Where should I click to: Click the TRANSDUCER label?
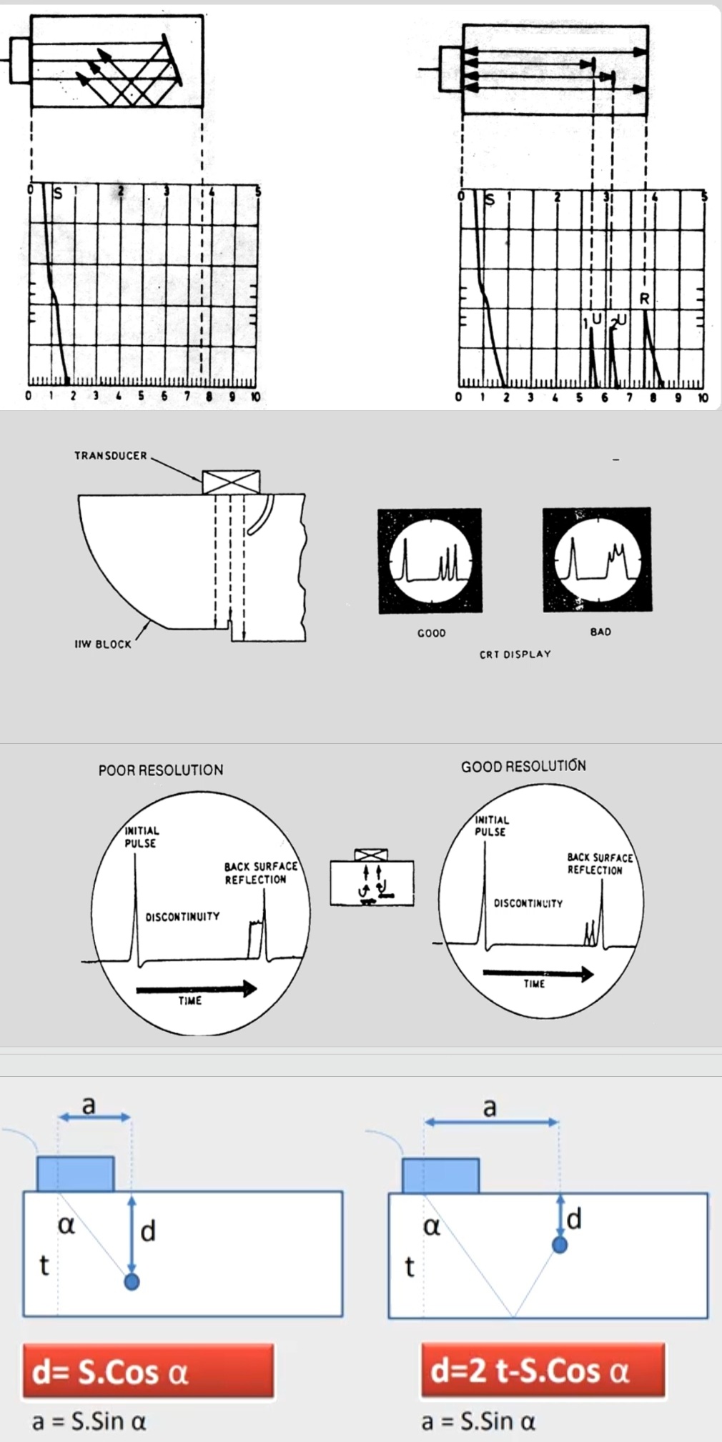click(110, 455)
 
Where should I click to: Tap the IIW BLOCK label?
click(103, 644)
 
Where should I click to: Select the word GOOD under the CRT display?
click(431, 633)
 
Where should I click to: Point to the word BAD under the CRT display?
click(600, 632)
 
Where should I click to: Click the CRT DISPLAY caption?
click(515, 654)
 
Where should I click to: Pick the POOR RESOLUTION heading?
click(161, 770)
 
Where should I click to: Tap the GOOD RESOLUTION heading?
click(523, 766)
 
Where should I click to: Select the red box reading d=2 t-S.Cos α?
click(543, 1371)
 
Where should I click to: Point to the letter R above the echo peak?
click(644, 299)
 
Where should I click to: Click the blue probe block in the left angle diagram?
click(75, 1173)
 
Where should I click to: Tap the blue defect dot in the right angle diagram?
click(560, 1245)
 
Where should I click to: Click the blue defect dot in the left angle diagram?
click(132, 1281)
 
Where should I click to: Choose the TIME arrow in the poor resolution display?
click(196, 989)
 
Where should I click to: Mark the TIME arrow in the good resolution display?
click(538, 973)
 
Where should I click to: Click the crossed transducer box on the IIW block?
click(231, 482)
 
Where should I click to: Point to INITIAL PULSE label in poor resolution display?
click(142, 837)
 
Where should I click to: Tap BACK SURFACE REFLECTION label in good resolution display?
click(600, 863)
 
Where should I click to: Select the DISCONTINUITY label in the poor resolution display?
click(182, 917)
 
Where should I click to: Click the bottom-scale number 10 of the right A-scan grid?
click(703, 397)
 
